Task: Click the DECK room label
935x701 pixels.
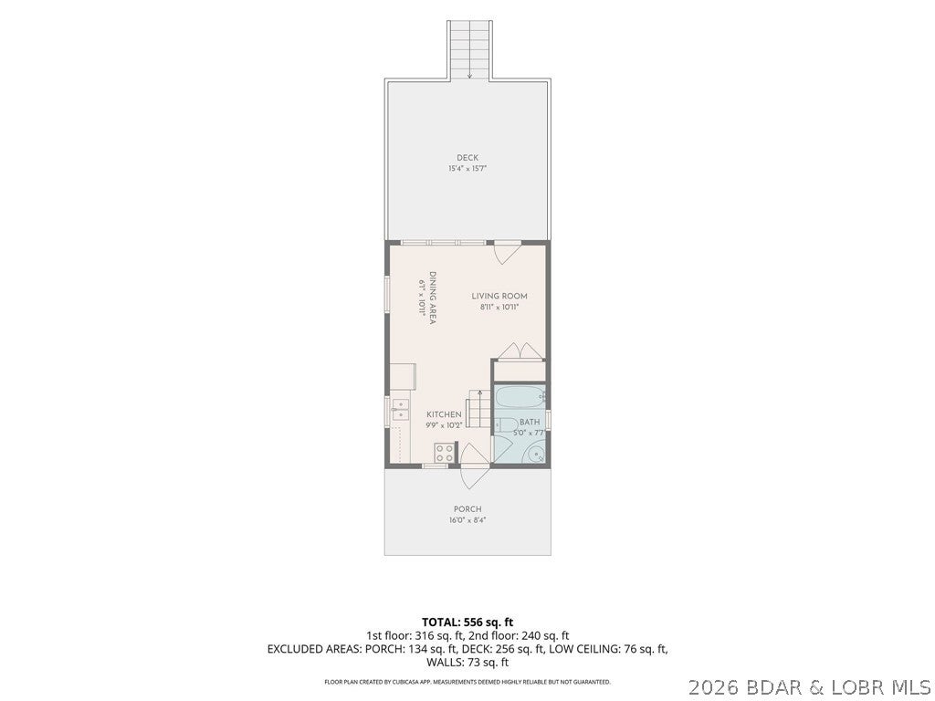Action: click(467, 158)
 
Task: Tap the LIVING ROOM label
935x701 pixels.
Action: click(499, 297)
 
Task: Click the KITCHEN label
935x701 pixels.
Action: click(444, 415)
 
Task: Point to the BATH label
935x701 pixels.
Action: click(529, 422)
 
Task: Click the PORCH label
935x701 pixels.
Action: click(467, 509)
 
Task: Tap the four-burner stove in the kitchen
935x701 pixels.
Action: click(445, 453)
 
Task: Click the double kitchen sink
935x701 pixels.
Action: click(400, 410)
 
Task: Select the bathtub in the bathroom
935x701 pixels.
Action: click(520, 394)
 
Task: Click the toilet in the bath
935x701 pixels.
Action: click(505, 425)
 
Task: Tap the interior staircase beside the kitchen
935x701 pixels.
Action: click(478, 409)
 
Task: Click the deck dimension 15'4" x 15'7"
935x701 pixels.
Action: click(467, 169)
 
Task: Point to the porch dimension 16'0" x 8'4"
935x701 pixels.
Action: click(467, 520)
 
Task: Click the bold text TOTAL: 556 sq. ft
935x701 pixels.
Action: click(467, 623)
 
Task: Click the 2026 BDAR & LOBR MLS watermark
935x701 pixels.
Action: click(811, 688)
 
